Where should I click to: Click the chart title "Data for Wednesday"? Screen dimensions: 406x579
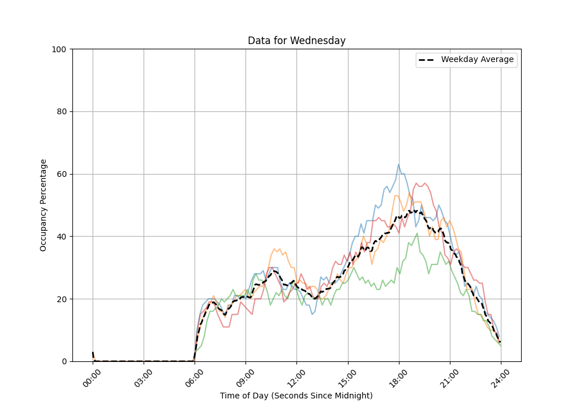click(x=296, y=41)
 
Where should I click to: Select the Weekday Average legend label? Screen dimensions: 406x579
click(x=477, y=60)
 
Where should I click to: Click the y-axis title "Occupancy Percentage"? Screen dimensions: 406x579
click(x=43, y=205)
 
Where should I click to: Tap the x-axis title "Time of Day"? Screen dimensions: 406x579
click(x=296, y=396)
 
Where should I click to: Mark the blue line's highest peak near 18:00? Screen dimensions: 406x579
click(x=398, y=164)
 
